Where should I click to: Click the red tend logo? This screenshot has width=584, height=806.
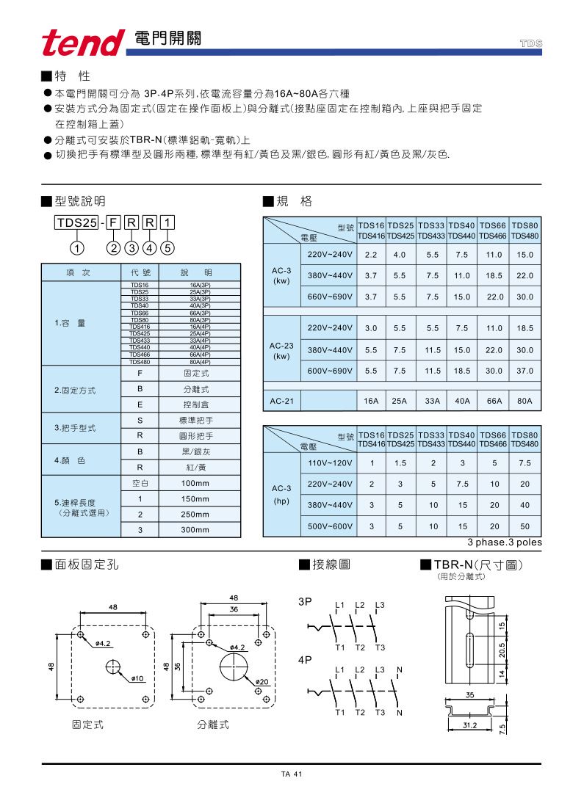tap(83, 43)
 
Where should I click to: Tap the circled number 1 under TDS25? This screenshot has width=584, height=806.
tap(79, 247)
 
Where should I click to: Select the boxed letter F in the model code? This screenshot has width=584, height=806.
tap(113, 222)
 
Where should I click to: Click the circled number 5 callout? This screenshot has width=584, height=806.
tap(167, 247)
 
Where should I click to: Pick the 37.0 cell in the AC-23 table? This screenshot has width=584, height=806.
tap(524, 371)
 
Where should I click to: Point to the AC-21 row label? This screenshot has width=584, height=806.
tap(281, 402)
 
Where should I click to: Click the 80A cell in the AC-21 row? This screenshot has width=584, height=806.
tap(524, 402)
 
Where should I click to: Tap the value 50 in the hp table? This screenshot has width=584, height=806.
tap(524, 526)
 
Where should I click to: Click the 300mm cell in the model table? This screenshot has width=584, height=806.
tap(195, 529)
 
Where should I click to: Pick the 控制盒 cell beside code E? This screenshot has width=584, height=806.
tap(195, 404)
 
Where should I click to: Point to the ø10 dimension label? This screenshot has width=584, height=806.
tap(137, 678)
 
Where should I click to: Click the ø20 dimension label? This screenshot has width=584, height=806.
tap(262, 683)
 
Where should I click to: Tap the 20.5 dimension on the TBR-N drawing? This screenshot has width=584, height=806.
tap(502, 650)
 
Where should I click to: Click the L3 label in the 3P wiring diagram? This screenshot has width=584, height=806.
tap(379, 605)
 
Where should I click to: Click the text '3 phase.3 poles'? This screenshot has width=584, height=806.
tap(505, 542)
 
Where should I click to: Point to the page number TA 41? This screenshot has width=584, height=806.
tap(292, 774)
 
